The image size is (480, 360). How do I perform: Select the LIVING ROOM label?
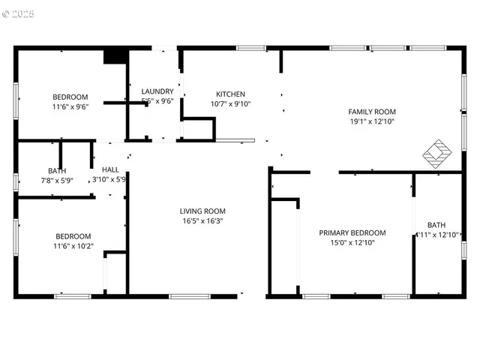coord(202,211)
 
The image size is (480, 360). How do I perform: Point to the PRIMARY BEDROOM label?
coord(352,232)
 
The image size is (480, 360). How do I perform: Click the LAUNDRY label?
coord(157,91)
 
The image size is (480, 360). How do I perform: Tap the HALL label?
coord(110,169)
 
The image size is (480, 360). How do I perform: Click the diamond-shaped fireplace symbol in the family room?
coord(438,153)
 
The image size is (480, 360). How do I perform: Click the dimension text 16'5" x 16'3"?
coord(202,220)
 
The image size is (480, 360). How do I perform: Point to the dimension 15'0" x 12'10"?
coord(352,242)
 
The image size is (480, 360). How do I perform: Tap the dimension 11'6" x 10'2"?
coord(73,245)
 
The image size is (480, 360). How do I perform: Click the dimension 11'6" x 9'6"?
coord(70,106)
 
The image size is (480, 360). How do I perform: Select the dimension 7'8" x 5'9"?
coord(57,180)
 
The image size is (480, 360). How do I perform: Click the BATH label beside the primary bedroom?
coord(436,225)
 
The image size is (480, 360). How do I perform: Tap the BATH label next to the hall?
coord(57,170)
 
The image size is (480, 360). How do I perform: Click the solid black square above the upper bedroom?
coord(115,57)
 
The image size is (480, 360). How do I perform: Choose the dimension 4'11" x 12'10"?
coord(436,235)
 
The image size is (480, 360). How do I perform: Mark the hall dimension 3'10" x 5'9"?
coord(108,179)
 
